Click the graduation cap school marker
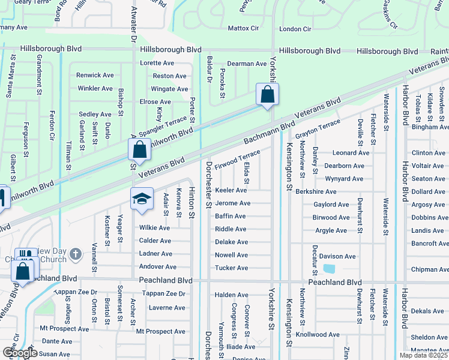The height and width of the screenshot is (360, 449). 142,198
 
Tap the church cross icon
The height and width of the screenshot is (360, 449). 75,254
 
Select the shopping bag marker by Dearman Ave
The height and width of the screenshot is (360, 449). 267,94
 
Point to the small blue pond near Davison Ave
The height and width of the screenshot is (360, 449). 328,269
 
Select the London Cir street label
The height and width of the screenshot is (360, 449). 295,29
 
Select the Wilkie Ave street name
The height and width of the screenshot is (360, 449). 154,228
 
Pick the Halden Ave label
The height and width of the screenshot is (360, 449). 231,295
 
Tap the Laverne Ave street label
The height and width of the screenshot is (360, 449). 167,308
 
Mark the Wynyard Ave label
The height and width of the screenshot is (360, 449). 344,179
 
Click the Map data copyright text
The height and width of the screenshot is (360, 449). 423,355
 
